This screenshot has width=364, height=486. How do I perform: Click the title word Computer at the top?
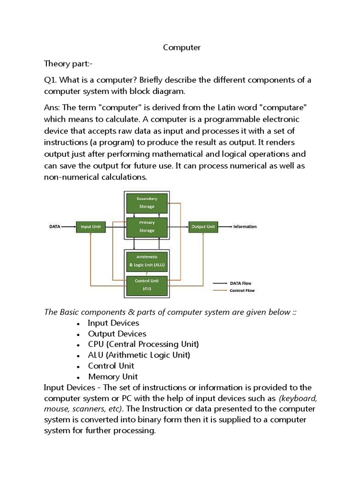click(182, 47)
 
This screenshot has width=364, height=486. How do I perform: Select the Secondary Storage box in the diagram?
click(146, 202)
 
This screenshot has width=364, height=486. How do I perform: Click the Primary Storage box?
click(146, 226)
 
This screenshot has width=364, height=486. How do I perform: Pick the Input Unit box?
click(91, 227)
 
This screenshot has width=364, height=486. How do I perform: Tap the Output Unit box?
click(203, 227)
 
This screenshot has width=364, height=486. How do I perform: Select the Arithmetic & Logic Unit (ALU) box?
click(146, 261)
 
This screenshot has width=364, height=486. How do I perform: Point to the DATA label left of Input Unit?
click(55, 227)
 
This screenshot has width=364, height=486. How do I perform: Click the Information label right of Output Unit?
click(245, 227)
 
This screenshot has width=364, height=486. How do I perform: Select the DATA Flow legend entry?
click(240, 283)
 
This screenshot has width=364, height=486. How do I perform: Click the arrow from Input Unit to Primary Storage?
click(115, 227)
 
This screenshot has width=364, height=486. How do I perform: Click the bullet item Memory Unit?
click(113, 377)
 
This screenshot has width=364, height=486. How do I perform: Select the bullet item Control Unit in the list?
click(111, 366)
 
